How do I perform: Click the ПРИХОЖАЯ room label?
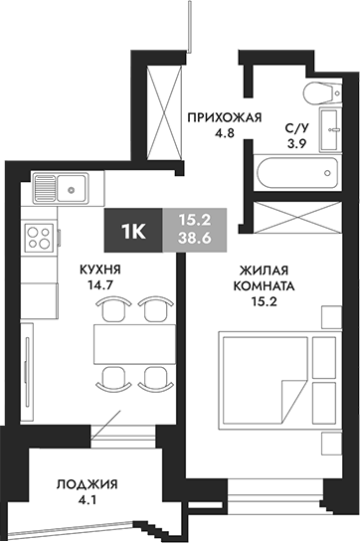tap(224, 117)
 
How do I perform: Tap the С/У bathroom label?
tap(295, 128)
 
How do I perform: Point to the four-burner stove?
tap(39, 238)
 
